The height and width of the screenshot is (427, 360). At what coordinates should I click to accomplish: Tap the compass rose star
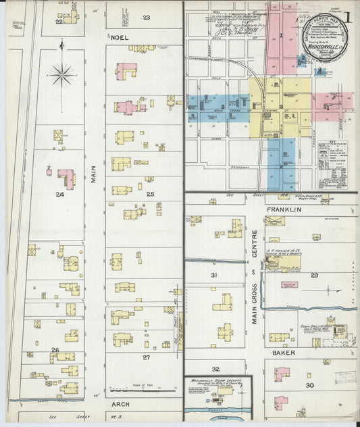[62, 73]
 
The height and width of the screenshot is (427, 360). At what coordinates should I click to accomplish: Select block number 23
[146, 17]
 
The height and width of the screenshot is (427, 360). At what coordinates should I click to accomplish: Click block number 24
[60, 195]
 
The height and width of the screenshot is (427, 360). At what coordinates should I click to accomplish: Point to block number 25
[150, 195]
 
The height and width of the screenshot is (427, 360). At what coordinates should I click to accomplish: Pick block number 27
[146, 356]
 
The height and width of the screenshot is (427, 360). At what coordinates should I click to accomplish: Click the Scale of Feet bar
[145, 390]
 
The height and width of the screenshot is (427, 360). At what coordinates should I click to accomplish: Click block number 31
[214, 275]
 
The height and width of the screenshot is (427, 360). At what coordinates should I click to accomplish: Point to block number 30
[309, 385]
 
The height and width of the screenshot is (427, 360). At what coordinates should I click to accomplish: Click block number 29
[314, 275]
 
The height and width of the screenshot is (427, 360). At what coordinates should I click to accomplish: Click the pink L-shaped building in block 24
[66, 178]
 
